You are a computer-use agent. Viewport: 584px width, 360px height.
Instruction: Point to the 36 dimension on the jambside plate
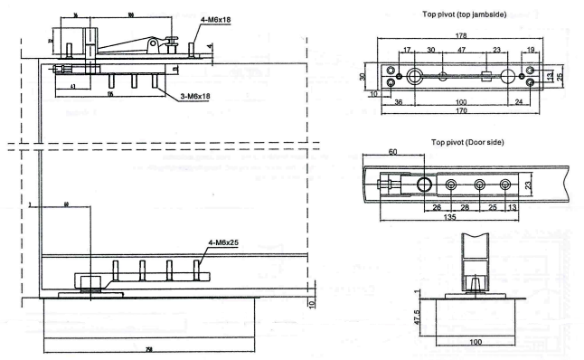(x=399, y=101)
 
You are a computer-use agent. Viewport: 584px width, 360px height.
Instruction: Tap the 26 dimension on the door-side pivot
(x=438, y=206)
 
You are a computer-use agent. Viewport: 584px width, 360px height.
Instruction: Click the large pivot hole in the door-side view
(x=424, y=184)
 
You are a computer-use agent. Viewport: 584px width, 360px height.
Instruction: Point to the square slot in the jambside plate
(x=485, y=74)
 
